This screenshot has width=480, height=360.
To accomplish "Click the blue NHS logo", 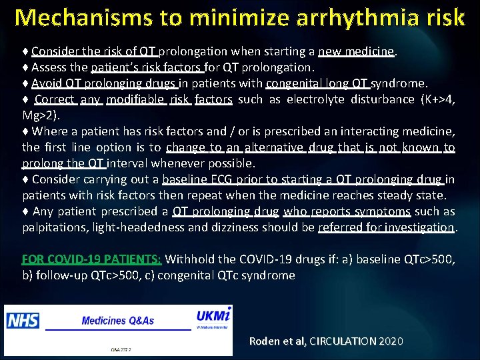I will point(23,320).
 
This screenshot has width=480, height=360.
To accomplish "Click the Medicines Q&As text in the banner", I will point(117,321).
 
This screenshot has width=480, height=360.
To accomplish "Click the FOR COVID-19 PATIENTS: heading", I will point(91,259).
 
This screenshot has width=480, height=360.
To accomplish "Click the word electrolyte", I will point(311,99).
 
